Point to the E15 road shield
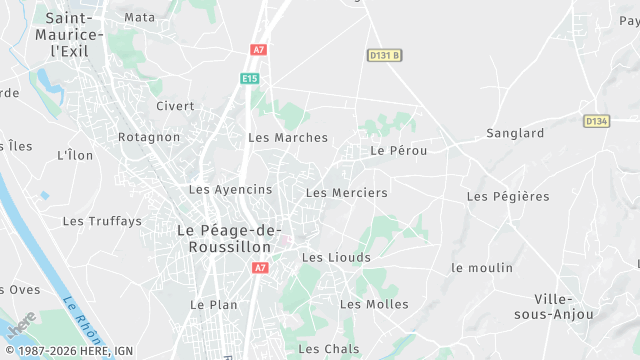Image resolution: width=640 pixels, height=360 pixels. point(250,78)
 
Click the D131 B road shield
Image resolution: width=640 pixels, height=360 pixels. point(383,56)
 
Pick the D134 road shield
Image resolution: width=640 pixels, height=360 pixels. point(597,121)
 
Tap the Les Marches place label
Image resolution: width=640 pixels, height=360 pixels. point(288,138)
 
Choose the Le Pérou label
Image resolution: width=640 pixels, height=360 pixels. point(399,151)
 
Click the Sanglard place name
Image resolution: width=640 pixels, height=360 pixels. point(515,133)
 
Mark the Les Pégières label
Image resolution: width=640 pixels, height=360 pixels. point(508,197)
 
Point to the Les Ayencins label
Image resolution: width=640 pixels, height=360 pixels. point(230,189)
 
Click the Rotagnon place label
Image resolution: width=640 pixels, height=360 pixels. point(149,137)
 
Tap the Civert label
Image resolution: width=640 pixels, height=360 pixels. point(175,106)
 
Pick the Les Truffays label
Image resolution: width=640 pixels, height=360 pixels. point(102,221)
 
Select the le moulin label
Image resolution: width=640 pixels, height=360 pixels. point(482,268)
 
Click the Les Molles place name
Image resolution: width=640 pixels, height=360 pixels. point(374,304)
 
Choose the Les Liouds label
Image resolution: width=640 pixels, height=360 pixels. point(336,258)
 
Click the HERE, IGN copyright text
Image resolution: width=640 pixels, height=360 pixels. point(69,351)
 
